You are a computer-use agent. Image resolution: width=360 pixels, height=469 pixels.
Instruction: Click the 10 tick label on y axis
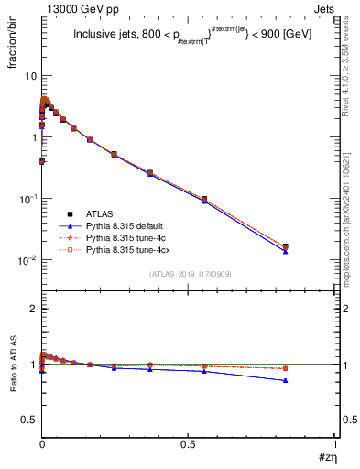(29, 76)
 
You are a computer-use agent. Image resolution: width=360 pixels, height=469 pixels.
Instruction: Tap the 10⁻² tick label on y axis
(27, 260)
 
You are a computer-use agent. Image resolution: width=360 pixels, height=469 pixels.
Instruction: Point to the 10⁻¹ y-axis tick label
(27, 199)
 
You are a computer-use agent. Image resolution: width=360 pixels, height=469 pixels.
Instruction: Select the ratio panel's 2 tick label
(33, 309)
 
